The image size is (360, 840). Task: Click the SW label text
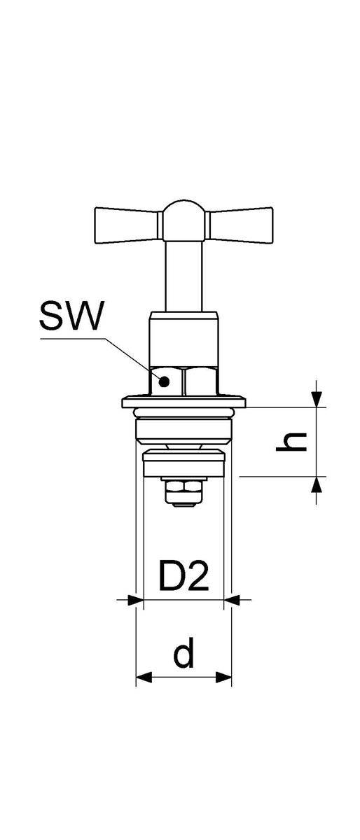(x=71, y=316)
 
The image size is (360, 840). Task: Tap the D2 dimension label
(x=184, y=575)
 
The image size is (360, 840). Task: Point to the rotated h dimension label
(x=291, y=442)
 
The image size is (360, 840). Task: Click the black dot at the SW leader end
(x=164, y=382)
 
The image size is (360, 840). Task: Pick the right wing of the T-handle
(x=239, y=225)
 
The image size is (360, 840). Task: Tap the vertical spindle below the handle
(x=184, y=276)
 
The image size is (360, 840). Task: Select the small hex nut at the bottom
(x=184, y=492)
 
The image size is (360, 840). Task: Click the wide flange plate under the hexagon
(x=184, y=402)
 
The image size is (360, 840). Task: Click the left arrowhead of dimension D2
(x=136, y=600)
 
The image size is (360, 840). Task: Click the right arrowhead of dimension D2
(x=232, y=600)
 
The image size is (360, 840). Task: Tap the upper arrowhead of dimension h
(x=317, y=399)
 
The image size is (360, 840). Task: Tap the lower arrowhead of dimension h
(x=317, y=484)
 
